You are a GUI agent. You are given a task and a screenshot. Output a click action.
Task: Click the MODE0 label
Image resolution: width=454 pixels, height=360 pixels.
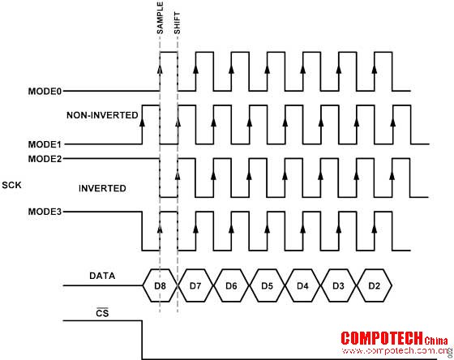45,92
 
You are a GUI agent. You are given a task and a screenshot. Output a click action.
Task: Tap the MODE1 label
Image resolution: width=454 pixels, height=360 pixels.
45,144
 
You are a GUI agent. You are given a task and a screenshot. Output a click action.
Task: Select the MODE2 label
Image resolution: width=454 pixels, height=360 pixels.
45,159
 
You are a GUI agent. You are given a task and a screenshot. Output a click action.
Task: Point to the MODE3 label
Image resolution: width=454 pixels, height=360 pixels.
45,212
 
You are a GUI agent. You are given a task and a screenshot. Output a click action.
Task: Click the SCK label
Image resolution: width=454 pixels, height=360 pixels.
11,185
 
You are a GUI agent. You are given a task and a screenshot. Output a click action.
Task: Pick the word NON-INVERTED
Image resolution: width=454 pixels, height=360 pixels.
102,115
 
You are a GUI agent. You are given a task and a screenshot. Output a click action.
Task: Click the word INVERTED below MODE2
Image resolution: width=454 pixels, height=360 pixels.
102,189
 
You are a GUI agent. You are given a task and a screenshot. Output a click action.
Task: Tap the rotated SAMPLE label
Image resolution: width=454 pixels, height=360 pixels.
161,18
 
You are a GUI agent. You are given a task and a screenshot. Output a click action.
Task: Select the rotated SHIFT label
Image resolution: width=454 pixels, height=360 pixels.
177,23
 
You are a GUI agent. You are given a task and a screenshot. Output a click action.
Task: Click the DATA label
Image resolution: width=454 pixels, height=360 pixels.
102,276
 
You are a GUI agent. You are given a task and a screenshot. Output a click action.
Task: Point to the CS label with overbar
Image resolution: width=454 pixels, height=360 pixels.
102,312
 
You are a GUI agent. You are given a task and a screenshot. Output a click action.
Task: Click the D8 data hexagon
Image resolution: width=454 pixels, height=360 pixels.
160,285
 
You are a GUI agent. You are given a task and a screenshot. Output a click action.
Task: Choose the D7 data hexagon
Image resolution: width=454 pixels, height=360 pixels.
195,285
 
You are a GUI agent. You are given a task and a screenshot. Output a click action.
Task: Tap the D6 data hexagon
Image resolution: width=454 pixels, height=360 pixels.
231,285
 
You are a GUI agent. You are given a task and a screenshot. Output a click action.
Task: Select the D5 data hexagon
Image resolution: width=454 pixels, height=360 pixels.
267,285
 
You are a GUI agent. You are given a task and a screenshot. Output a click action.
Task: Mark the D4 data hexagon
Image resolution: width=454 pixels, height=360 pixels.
302,285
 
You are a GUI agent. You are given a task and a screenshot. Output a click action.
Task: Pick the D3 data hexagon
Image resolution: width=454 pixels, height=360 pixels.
338,285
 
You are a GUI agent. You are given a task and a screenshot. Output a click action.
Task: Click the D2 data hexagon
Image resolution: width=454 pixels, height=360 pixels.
374,285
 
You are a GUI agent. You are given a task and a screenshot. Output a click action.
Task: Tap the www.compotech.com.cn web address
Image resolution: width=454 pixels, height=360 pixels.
395,351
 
